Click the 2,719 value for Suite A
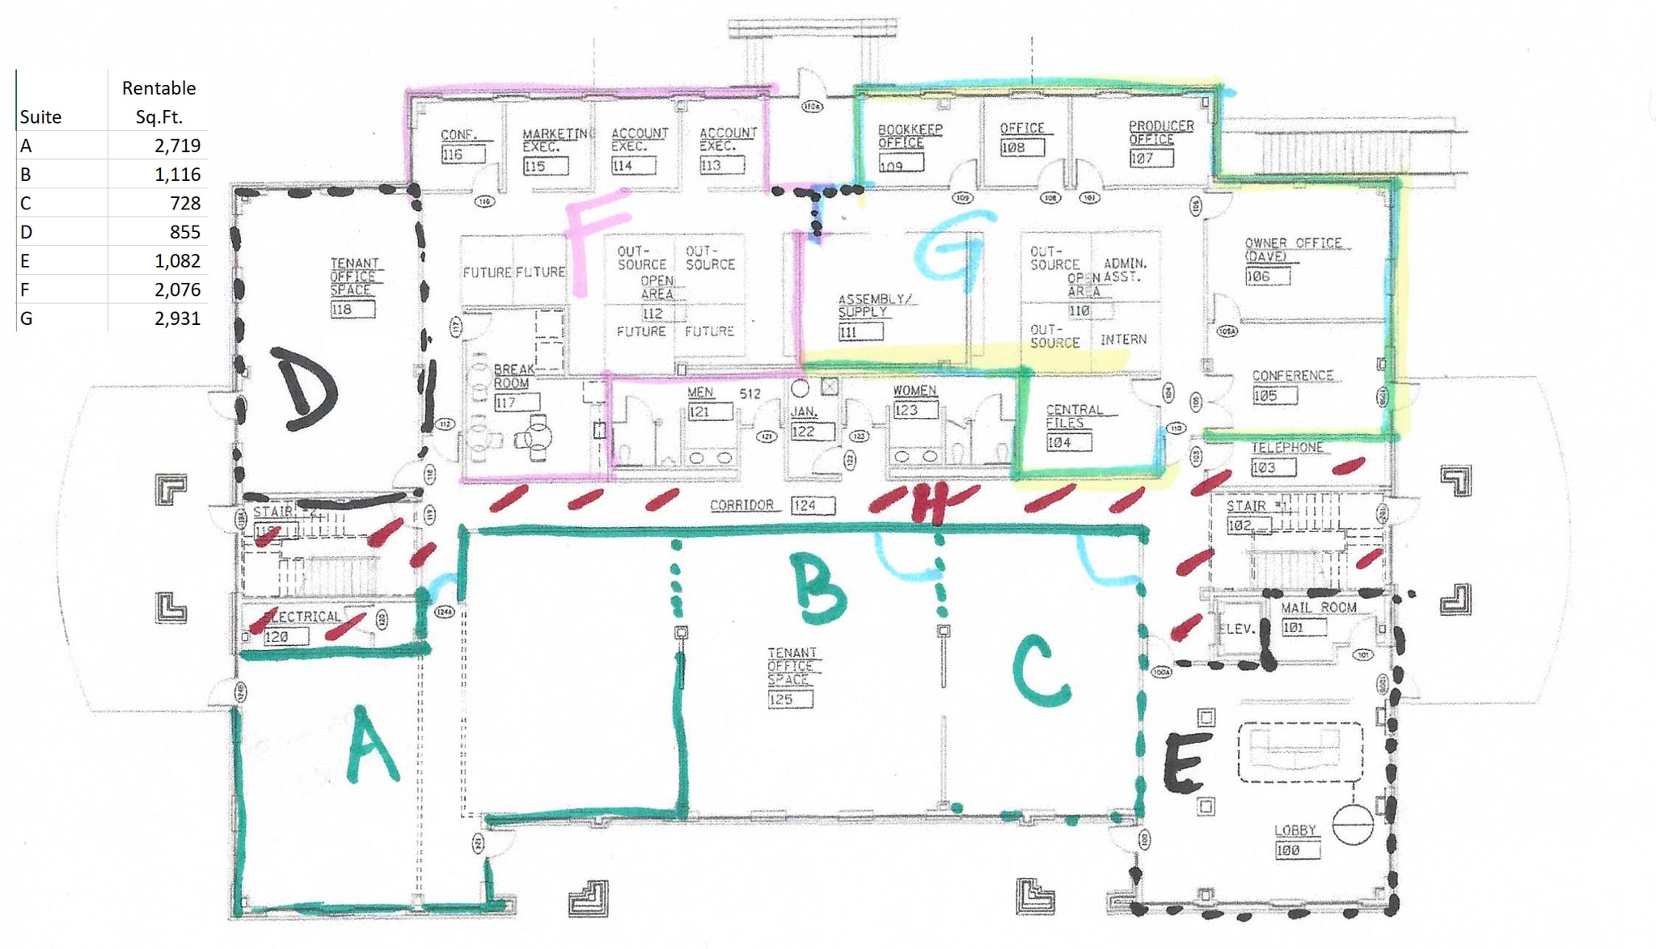coord(177,146)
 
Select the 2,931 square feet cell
coord(177,318)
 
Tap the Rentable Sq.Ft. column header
coord(158,102)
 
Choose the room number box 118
coord(352,310)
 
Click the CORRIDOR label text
coord(741,505)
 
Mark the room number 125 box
coord(789,699)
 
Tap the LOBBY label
coord(1295,830)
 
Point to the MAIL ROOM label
coord(1318,607)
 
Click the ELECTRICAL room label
coord(302,617)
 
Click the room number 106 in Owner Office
coord(1267,276)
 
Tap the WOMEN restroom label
coord(914,390)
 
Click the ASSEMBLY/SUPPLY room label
coord(873,305)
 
